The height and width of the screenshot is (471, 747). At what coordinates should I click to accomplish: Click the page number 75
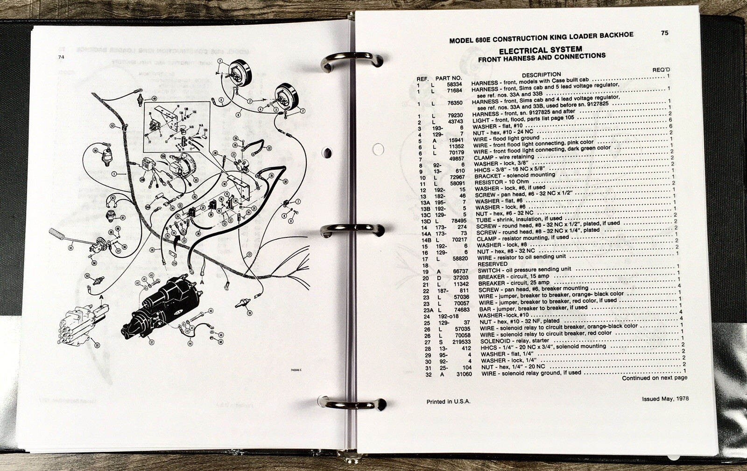(665, 33)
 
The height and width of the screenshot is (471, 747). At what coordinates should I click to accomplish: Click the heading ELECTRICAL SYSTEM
(540, 49)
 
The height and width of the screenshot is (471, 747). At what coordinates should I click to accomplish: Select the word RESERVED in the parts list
(492, 263)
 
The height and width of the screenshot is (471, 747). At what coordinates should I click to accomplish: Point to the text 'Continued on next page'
(654, 378)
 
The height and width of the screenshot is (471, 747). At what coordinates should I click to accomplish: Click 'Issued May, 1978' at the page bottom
(665, 399)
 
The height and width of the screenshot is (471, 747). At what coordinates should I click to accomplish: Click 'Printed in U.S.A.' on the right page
(448, 402)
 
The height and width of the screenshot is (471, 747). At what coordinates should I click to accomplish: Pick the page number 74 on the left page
(61, 57)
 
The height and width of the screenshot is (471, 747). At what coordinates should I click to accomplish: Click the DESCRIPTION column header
(541, 75)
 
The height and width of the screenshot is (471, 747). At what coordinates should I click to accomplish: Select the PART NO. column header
(448, 78)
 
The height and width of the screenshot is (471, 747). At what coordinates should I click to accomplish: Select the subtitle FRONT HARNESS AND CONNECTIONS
(542, 57)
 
